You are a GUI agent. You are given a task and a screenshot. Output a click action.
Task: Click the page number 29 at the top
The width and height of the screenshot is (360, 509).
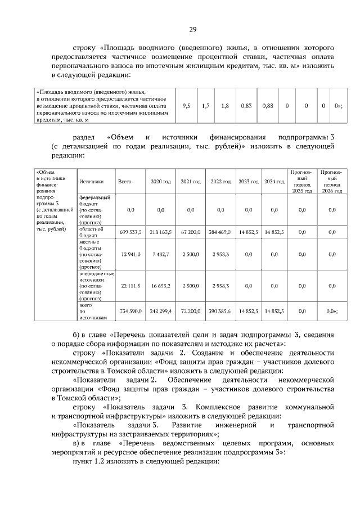pos(192,30)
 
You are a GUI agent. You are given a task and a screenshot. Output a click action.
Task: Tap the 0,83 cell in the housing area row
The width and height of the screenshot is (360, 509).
pos(246,105)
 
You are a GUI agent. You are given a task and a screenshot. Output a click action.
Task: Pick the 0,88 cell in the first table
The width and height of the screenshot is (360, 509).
pos(268,105)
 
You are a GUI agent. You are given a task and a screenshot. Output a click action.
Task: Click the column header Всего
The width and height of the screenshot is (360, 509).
pos(125,181)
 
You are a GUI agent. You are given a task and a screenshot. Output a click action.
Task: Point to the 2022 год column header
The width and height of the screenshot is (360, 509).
pos(220,181)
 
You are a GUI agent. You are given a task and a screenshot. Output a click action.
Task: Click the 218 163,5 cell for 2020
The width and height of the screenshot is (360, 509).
pos(160,232)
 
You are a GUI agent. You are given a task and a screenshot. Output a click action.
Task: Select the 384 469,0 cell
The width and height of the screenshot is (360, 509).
pos(220,232)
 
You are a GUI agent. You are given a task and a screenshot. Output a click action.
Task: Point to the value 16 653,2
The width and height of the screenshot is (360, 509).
pos(160,286)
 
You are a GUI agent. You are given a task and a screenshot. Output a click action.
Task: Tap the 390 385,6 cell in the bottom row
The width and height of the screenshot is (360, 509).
pos(220,310)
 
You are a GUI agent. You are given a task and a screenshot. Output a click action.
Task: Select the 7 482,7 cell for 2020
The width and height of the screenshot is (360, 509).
pos(160,255)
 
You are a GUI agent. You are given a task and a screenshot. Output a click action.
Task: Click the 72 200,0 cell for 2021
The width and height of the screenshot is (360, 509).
pos(190,310)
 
